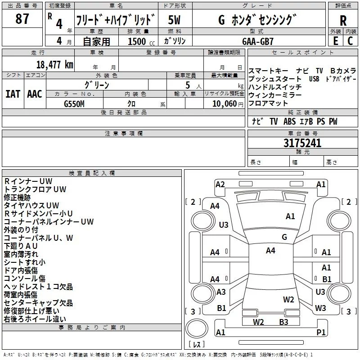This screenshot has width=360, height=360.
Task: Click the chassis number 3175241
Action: (x=302, y=143)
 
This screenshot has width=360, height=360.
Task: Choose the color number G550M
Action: (x=74, y=104)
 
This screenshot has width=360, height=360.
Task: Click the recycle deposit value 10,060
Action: (x=222, y=104)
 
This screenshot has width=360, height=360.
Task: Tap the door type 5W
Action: (x=174, y=20)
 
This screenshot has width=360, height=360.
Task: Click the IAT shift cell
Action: (x=13, y=94)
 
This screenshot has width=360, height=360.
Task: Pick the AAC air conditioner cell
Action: (x=35, y=94)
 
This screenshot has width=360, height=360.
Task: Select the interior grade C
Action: (x=350, y=41)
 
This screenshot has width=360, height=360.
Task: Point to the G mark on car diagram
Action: (x=284, y=237)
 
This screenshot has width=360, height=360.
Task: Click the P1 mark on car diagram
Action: (x=321, y=332)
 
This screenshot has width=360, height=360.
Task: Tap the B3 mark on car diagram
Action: (x=283, y=322)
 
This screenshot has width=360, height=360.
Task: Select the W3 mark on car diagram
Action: (x=320, y=308)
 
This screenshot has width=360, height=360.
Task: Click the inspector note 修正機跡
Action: (x=18, y=197)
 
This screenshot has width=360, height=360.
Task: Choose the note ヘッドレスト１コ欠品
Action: (x=38, y=287)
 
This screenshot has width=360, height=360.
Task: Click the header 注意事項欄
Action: (x=124, y=134)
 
